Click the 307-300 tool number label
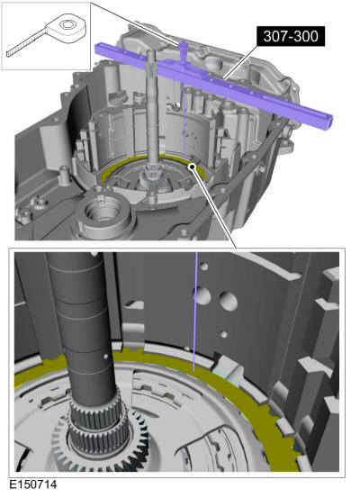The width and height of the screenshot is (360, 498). pyautogui.click(x=291, y=36)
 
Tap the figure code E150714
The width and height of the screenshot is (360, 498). pyautogui.click(x=33, y=484)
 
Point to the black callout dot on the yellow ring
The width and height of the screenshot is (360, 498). pyautogui.click(x=192, y=167)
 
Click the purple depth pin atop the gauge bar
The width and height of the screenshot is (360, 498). pyautogui.click(x=183, y=50)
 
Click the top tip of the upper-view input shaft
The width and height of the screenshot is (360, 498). pyautogui.click(x=152, y=50)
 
